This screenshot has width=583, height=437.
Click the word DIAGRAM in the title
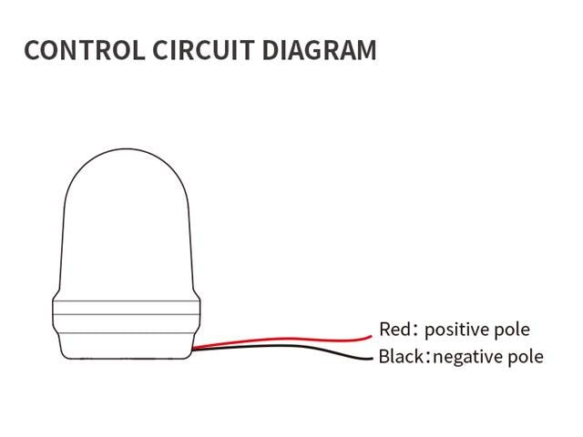(320, 50)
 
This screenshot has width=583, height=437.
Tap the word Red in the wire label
(394, 330)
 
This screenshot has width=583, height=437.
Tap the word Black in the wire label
(401, 356)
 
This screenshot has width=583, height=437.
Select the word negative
(471, 356)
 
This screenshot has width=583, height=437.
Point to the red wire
(291, 339)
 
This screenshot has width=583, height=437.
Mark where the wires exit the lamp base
(197, 346)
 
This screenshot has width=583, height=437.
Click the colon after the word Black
(429, 357)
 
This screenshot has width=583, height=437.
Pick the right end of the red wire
(373, 333)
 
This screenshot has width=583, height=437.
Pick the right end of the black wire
(373, 357)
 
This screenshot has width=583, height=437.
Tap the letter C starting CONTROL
(32, 50)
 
